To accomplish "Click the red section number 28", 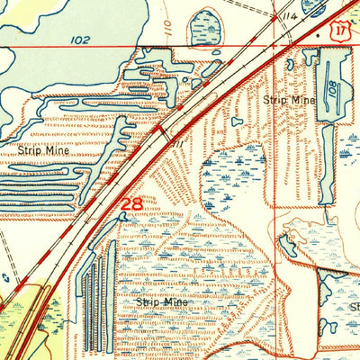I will (x=131, y=204).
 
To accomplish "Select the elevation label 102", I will (x=81, y=40).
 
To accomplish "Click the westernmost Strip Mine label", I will (x=43, y=152).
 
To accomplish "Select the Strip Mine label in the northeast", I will (x=290, y=100).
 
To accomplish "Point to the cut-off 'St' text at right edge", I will (x=354, y=306).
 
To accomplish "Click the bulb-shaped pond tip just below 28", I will (x=124, y=216).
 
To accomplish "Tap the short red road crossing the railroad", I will (x=162, y=135).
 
